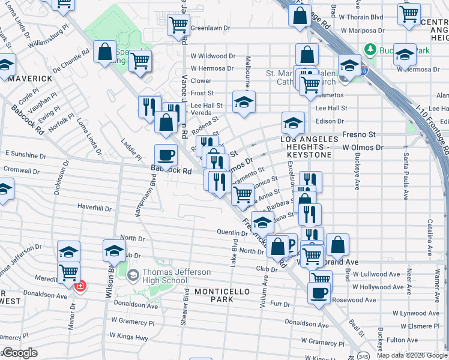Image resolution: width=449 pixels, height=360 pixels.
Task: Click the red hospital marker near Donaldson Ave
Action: (79, 287)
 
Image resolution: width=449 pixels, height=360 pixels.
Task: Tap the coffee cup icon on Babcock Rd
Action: (166, 155)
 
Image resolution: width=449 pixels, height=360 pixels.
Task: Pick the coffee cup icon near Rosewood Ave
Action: (319, 293)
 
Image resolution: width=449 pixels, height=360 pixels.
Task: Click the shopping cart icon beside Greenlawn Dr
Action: (178, 25)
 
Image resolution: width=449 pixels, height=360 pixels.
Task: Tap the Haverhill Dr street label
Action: (94, 208)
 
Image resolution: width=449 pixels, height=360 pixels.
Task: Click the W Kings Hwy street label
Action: (131, 338)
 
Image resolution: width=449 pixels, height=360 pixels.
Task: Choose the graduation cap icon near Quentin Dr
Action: (262, 223)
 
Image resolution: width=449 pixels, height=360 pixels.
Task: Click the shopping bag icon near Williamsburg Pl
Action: (104, 52)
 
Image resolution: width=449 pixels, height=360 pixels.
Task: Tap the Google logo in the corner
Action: (20, 353)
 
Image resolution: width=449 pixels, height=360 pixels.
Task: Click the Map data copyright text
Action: (412, 355)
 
